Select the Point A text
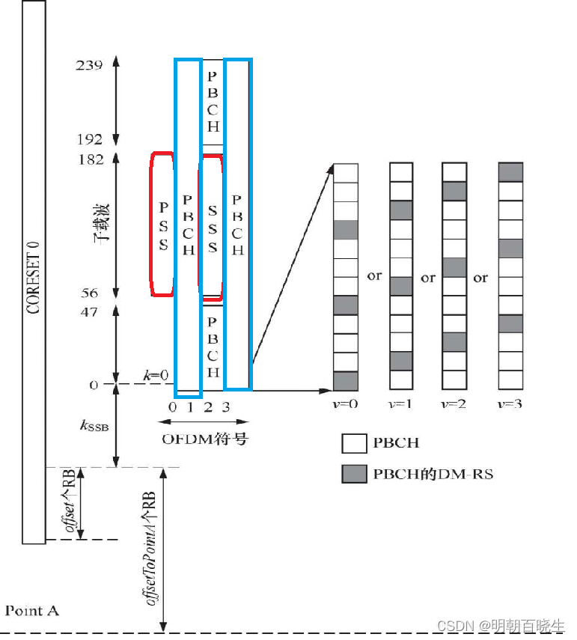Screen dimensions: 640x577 31,611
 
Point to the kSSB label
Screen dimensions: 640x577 94,427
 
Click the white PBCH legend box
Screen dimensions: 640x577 354,442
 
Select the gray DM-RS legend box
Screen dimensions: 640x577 354,473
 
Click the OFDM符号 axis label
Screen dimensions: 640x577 204,439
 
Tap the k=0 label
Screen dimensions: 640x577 155,374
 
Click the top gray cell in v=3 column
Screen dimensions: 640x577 510,171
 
